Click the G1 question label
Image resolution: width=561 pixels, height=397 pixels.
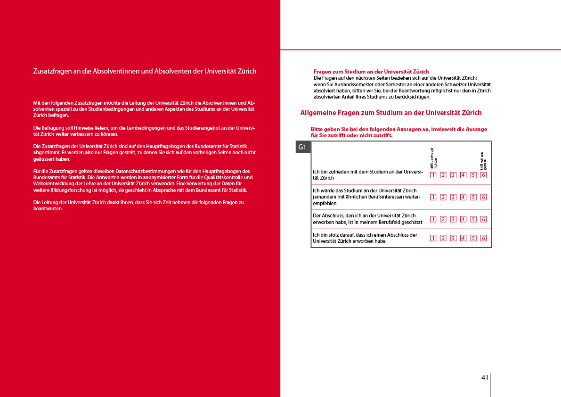tap(303, 148)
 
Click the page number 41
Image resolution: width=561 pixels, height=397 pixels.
tap(484, 378)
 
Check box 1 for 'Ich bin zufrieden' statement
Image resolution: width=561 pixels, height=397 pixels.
tap(432, 175)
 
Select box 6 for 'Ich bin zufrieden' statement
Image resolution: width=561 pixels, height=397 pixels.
tap(483, 175)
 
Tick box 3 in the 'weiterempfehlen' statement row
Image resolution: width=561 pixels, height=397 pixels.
tap(453, 197)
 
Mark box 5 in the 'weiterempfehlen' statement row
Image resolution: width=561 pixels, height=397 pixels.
tap(473, 197)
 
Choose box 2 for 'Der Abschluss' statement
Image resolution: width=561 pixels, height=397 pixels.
tap(443, 219)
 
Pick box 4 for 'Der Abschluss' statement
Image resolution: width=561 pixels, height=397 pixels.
tap(463, 219)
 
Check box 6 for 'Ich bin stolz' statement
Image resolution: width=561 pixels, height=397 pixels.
tap(483, 238)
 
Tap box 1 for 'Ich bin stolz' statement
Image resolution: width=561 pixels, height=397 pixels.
tap(432, 238)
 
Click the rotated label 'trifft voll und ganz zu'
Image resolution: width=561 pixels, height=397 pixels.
tap(483, 161)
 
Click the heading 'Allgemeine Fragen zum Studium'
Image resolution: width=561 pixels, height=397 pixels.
tap(390, 113)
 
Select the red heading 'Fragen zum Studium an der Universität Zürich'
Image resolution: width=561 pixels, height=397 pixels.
tap(371, 72)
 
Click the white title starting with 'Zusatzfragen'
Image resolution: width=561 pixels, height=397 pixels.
tap(145, 71)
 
